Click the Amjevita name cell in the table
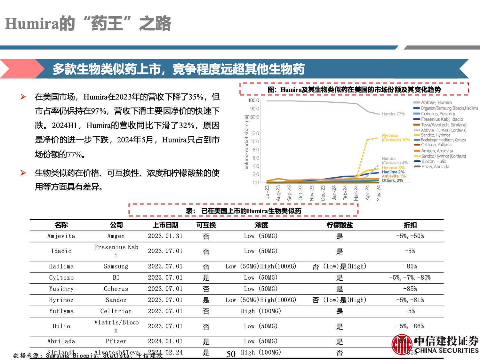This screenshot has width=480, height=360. [61, 236]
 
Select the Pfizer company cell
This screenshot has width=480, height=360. [116, 341]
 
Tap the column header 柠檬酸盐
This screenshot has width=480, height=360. [340, 225]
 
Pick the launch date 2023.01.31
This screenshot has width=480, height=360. [165, 236]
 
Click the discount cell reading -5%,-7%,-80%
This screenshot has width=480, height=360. [410, 278]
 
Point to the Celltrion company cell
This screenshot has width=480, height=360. [116, 311]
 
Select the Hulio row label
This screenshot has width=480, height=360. [61, 326]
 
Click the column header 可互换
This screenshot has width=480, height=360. [206, 225]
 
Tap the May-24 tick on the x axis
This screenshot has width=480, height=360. [379, 193]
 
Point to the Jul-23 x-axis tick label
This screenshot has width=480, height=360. [267, 192]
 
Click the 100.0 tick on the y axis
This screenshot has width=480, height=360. [253, 100]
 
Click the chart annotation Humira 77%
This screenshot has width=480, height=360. [393, 114]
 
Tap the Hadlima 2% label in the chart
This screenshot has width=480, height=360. [393, 172]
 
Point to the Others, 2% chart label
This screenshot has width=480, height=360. [392, 180]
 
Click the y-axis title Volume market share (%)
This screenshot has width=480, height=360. [246, 142]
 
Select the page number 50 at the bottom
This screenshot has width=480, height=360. [231, 354]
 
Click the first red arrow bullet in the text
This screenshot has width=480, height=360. [23, 97]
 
